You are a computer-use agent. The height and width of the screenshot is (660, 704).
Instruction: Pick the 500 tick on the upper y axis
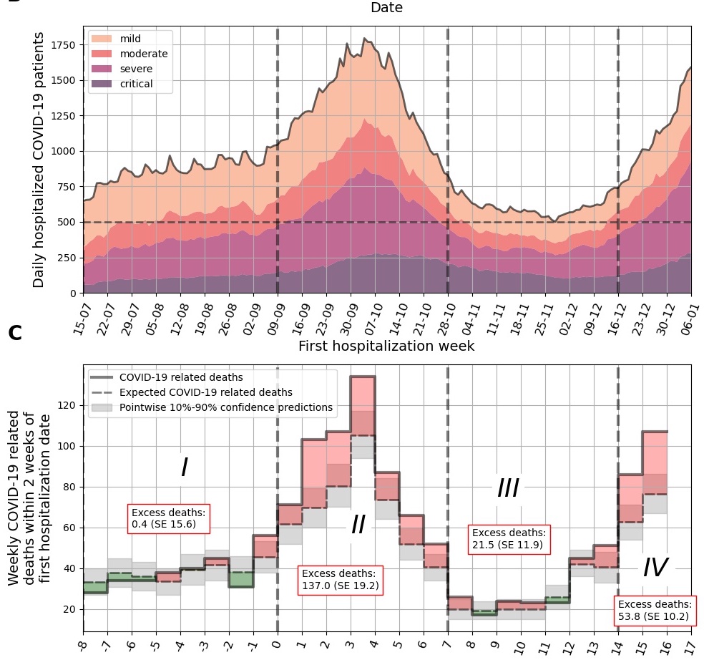[x=70, y=222]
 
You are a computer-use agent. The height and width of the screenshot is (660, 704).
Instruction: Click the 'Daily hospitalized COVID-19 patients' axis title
[x=39, y=160]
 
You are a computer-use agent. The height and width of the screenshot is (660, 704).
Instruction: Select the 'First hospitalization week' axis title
[x=386, y=346]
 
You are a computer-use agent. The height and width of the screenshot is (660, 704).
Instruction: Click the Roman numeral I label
[x=184, y=467]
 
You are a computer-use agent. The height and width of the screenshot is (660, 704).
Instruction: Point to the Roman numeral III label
[x=507, y=489]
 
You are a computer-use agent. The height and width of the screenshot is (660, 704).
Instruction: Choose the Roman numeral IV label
[x=655, y=568]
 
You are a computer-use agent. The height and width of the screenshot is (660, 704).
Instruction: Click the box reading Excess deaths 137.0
[x=340, y=579]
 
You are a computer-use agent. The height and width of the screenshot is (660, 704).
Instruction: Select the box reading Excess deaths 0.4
[x=170, y=518]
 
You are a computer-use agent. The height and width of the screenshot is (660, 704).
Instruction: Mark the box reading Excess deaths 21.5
[x=509, y=538]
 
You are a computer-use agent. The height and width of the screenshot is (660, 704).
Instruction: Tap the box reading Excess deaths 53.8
[x=655, y=609]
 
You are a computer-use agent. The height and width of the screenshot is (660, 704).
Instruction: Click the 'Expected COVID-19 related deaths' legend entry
[x=205, y=392]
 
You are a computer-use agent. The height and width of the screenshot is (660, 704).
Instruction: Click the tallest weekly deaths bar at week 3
[x=362, y=415]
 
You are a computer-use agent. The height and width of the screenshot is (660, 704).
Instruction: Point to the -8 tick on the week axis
[x=84, y=644]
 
